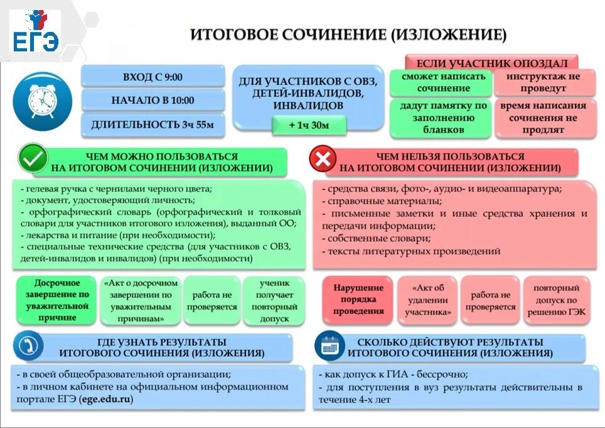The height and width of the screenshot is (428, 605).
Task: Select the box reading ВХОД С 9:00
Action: click(153, 76)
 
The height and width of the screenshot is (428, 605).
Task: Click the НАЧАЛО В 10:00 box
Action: click(153, 100)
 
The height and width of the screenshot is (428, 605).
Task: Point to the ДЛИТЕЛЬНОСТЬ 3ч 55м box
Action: click(153, 124)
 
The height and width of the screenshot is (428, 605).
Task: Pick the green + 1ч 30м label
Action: click(309, 125)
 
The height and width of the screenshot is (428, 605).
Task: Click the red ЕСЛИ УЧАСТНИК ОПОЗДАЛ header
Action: click(491, 63)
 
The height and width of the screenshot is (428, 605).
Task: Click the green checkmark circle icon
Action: click(33, 159)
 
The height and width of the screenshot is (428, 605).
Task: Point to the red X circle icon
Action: click(323, 160)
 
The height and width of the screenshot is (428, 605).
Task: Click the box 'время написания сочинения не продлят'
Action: click(543, 118)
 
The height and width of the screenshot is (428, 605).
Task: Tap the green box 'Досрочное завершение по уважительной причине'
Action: click(57, 300)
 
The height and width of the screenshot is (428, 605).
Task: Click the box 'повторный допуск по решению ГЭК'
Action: click(557, 300)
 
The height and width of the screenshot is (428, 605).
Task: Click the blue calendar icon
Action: click(329, 346)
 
